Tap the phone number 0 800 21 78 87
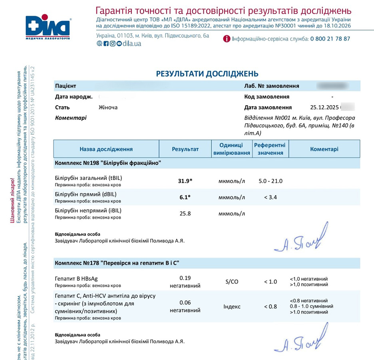click(x=330, y=39)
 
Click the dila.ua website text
click(x=132, y=44)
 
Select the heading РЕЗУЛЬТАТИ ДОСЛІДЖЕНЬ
click(x=207, y=74)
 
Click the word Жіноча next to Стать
click(x=108, y=107)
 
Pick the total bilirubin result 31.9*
click(x=185, y=181)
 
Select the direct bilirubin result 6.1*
click(x=185, y=197)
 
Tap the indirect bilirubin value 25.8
click(x=185, y=214)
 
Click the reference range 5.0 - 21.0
click(x=271, y=181)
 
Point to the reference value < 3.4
click(x=271, y=197)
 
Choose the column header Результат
click(x=185, y=149)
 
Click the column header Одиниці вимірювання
click(x=232, y=149)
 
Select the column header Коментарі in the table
click(x=324, y=149)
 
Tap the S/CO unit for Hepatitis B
click(x=232, y=282)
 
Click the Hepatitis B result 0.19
click(x=185, y=278)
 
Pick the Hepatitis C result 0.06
click(x=185, y=302)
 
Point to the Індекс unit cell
click(x=232, y=307)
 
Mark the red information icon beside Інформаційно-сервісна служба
click(x=227, y=39)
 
